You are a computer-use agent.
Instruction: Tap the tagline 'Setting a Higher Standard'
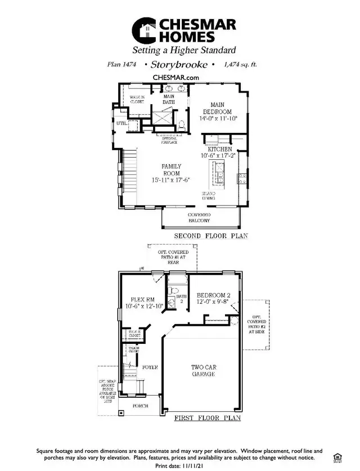point(179,50)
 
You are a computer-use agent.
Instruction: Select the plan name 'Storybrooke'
point(175,65)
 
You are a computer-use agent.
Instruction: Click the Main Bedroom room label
point(218,108)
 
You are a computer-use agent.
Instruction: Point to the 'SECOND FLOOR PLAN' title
point(211,236)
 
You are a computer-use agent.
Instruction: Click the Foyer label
point(150,367)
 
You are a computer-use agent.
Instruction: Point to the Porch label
point(141,406)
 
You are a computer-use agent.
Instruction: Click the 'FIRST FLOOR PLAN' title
point(207,418)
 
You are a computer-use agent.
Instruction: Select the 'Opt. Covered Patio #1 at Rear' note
point(172,257)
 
